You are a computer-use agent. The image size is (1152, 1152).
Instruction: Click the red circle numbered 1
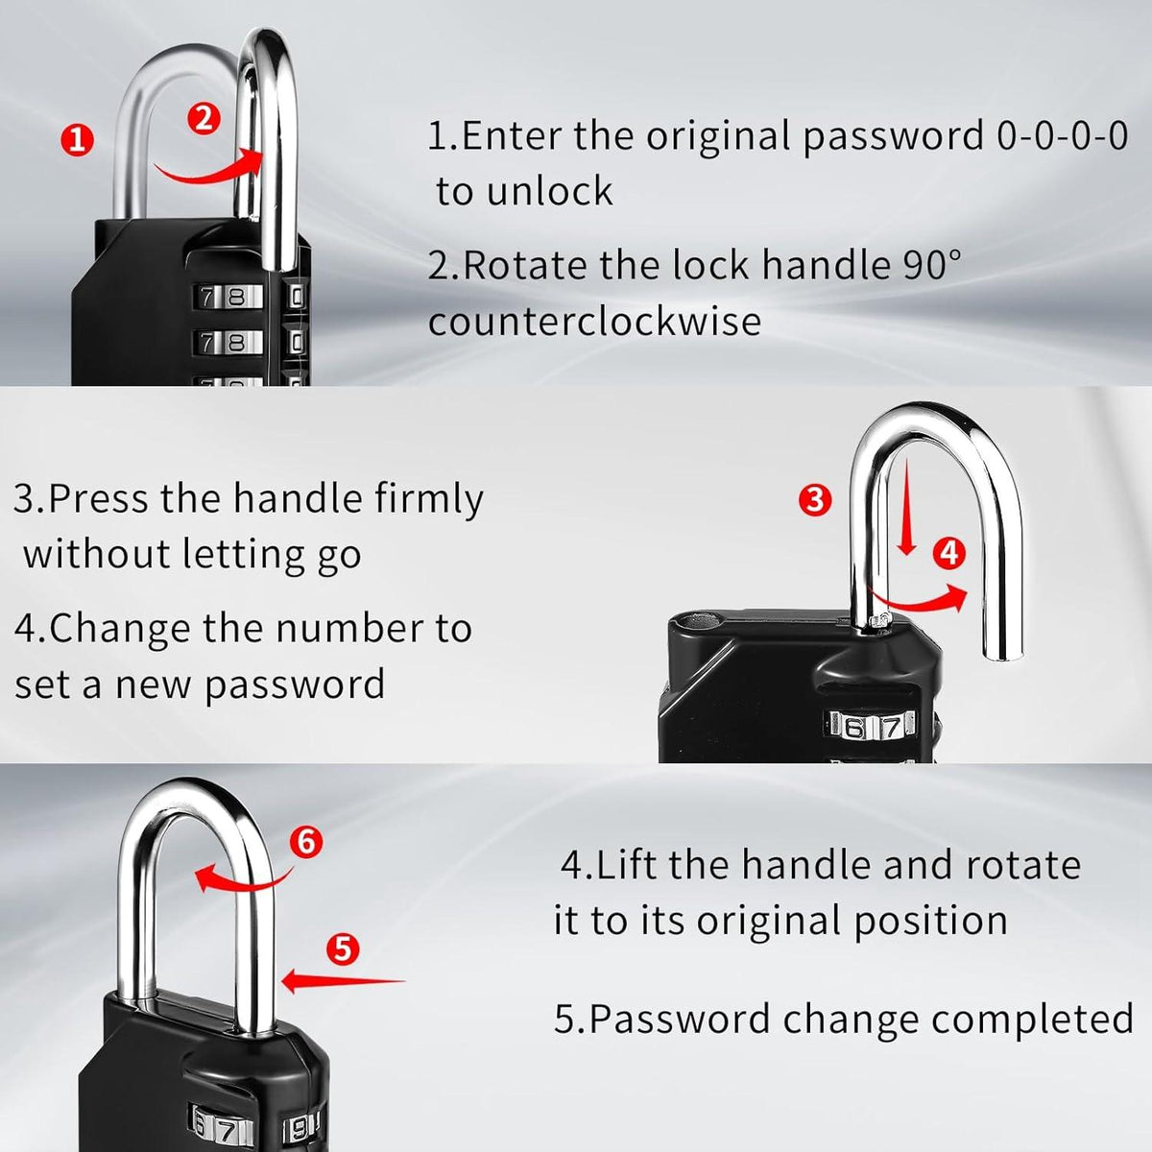pos(77,141)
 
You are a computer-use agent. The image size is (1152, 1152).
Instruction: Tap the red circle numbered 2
pos(204,118)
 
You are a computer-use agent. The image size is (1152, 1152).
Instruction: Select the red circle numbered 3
pos(815,499)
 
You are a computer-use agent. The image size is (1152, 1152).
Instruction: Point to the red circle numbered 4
pos(949,553)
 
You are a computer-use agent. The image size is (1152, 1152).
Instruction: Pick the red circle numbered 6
pos(305,842)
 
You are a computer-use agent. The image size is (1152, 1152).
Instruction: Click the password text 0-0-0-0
pos(1062,135)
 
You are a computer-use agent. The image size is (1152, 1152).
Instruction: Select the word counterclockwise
pos(594,321)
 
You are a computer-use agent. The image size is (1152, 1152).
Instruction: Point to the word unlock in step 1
pos(550,191)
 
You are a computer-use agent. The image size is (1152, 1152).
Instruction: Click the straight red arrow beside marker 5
pos(343,981)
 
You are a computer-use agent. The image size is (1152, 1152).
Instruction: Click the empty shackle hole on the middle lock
pos(699,621)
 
